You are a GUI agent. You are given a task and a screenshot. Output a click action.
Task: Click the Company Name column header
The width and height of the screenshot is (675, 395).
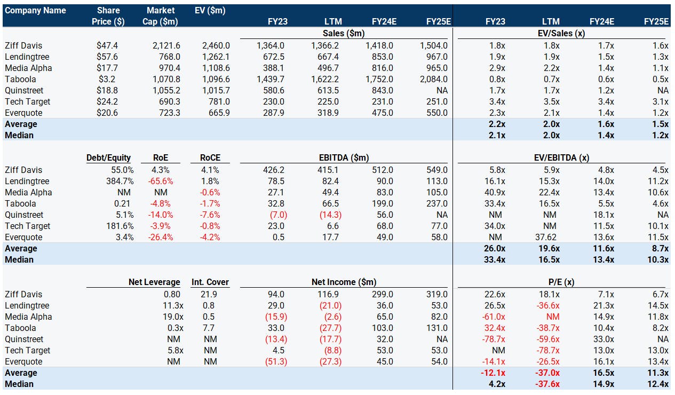tap(35, 11)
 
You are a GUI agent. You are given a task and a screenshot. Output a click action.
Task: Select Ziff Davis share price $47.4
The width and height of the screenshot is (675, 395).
tap(107, 45)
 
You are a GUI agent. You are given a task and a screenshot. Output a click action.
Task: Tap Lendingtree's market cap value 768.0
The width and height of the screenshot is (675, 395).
tap(170, 57)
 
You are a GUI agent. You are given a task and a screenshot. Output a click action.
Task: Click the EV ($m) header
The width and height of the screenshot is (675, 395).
tap(210, 11)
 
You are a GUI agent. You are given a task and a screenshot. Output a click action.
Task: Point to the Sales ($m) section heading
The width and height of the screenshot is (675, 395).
tap(344, 33)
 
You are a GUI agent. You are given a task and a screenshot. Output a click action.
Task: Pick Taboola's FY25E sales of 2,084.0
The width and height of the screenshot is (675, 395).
tap(434, 80)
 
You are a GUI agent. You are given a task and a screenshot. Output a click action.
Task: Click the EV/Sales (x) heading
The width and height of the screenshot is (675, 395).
tap(561, 33)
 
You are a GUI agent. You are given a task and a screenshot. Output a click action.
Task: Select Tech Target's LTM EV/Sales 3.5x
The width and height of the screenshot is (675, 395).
tap(551, 101)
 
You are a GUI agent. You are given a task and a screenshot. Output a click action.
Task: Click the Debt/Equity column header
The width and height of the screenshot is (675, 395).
tap(108, 157)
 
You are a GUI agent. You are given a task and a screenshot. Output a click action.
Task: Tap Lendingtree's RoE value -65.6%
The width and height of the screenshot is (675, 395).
tap(161, 181)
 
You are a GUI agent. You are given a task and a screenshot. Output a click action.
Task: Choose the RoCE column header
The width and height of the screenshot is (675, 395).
tap(210, 157)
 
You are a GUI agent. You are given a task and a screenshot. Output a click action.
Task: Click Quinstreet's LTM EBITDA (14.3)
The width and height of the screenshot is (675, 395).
tap(330, 215)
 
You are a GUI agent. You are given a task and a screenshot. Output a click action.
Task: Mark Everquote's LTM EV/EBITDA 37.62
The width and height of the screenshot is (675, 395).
tap(546, 238)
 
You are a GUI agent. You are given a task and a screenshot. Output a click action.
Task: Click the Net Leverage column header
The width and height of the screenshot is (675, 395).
tap(154, 282)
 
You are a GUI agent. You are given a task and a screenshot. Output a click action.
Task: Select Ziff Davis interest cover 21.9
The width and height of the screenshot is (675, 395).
tap(209, 294)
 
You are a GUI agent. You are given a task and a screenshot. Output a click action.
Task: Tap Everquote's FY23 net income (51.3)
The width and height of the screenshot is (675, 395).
tap(276, 361)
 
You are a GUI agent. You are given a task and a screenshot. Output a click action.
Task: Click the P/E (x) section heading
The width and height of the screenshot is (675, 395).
tap(561, 282)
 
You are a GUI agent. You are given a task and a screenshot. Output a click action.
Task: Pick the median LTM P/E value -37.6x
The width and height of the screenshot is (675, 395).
tap(547, 384)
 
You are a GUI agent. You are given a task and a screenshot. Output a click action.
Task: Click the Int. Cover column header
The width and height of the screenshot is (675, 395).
tap(210, 282)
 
